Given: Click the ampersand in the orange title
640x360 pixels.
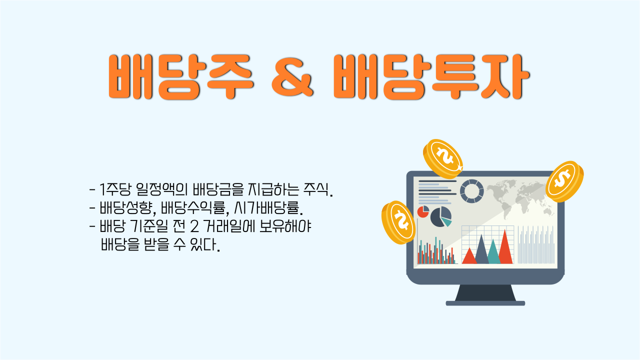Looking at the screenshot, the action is point(292,76).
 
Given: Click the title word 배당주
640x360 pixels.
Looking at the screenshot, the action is point(181,76).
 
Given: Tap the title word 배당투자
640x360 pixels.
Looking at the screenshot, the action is point(431,76).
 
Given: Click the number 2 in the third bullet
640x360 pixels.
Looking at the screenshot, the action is point(194,226).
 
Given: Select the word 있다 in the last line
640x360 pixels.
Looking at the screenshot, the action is point(205,245).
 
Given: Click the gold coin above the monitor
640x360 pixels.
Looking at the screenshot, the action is point(443,159).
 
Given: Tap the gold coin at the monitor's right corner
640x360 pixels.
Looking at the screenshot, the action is point(564,181).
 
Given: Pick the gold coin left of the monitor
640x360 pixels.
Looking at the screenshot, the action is point(398,222).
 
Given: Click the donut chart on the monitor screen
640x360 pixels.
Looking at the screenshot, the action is point(472,191).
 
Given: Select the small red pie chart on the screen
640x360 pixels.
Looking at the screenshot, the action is point(423,211).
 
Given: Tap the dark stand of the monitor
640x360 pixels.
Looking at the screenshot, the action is point(485,295).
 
